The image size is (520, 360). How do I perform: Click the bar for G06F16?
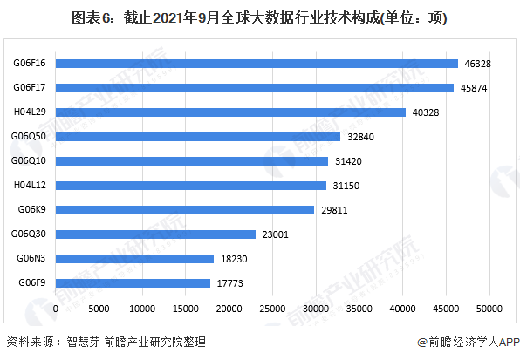coord(257,63)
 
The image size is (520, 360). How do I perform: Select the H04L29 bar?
coord(230,112)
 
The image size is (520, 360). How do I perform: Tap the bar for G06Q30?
coord(155,234)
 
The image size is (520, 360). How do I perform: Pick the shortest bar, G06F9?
coord(133,282)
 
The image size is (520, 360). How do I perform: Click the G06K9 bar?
coord(184,209)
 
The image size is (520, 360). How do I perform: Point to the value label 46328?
coord(479,63)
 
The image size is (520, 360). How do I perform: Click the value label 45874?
coord(475,87)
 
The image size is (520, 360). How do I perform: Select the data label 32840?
coord(361,136)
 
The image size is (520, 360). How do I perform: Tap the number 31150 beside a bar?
coord(346,185)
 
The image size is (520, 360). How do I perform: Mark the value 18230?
coord(235,258)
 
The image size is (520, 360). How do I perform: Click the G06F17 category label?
coord(30,87)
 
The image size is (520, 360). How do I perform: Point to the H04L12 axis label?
coord(30,185)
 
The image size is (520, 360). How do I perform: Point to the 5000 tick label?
coord(99,309)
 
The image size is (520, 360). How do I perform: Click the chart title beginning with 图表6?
coord(260,17)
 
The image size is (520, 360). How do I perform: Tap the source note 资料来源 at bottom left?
coord(106,343)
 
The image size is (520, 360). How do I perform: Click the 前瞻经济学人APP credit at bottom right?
coord(467,343)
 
